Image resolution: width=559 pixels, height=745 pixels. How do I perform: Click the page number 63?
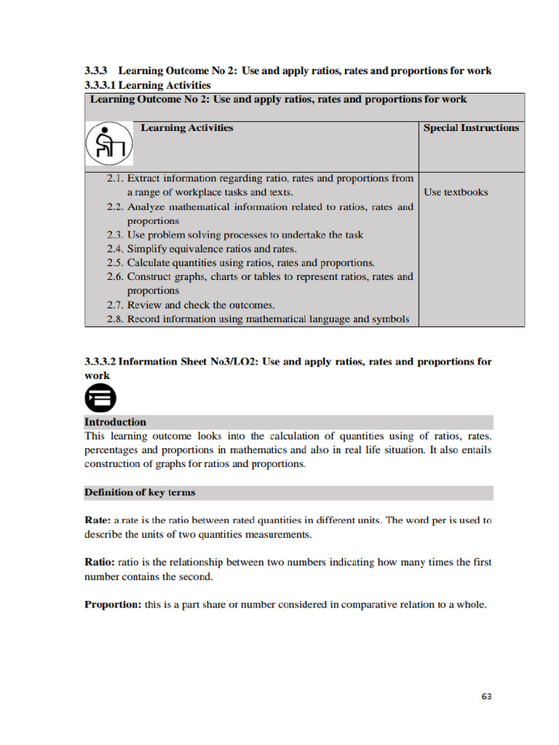point(486,696)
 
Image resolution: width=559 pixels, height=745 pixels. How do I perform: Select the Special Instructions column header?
point(471,128)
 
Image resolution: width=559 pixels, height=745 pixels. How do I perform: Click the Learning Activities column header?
point(186,128)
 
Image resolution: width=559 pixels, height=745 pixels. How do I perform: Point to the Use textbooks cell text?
point(456,192)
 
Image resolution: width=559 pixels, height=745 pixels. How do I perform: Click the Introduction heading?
point(115,422)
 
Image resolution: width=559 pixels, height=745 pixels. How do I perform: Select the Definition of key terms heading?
point(140,493)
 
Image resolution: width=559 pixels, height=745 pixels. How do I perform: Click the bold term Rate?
point(98,521)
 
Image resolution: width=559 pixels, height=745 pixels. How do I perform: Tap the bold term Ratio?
point(99,562)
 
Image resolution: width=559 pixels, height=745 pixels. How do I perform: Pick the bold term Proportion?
point(113,605)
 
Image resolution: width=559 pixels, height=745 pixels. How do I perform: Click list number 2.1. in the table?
point(115,178)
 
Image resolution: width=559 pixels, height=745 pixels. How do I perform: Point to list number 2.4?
point(115,249)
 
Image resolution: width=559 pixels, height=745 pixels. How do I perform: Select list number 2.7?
point(115,305)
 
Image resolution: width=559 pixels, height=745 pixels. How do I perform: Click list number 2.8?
point(115,319)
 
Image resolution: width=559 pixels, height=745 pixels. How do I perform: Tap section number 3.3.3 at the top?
point(96,71)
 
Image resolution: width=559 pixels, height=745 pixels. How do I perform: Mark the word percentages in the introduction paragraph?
point(113,450)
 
